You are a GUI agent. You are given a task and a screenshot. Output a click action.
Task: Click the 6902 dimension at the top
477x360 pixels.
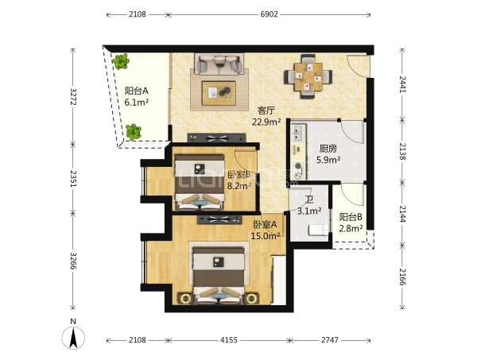269,14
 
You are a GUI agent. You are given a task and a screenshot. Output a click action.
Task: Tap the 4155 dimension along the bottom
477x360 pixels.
229,340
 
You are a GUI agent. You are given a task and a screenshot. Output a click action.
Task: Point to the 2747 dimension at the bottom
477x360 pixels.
330,340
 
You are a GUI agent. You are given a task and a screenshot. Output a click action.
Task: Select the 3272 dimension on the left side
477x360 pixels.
73,97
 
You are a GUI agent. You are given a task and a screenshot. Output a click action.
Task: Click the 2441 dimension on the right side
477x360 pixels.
402,84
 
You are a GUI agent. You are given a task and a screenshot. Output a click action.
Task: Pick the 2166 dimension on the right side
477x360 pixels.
402,277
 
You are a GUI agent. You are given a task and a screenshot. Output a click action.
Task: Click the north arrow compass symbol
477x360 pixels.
73,338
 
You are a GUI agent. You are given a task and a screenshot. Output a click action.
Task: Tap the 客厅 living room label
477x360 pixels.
266,110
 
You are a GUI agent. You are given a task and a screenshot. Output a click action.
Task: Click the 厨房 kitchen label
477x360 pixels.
328,149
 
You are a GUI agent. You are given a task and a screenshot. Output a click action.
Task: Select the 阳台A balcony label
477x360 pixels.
136,91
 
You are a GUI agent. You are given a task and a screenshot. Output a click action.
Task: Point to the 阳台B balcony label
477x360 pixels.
351,217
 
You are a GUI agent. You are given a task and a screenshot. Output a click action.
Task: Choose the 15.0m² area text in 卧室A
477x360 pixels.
266,236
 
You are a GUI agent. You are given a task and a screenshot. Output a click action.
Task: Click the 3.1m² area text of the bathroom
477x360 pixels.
309,211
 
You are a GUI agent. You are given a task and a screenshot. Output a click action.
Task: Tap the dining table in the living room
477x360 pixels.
308,76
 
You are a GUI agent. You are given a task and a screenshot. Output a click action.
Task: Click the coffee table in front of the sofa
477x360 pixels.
219,93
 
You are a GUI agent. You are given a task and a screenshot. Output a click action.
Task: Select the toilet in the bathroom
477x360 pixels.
319,230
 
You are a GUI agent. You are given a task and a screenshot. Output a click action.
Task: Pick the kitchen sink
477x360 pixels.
297,134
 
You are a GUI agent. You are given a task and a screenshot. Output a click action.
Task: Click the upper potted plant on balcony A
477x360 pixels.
121,61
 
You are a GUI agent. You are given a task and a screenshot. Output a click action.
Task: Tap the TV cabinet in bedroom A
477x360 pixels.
219,219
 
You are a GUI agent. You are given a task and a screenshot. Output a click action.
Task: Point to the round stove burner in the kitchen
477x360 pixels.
298,166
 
